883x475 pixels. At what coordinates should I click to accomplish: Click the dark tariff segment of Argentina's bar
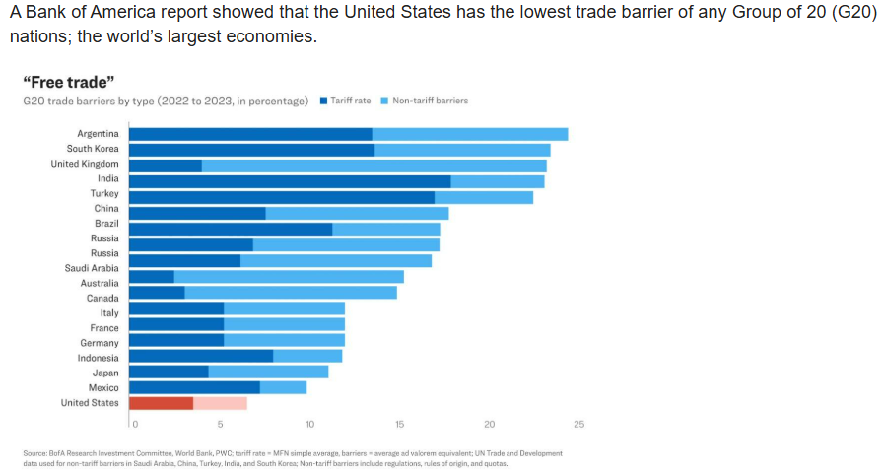click(x=250, y=134)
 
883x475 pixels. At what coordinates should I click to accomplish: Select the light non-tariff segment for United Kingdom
click(x=374, y=164)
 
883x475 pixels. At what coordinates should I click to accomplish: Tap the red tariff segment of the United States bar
click(x=161, y=402)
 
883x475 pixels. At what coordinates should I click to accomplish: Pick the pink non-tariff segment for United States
click(x=220, y=402)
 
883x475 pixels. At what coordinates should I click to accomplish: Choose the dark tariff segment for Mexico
click(x=194, y=387)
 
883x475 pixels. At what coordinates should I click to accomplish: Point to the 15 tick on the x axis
click(x=399, y=424)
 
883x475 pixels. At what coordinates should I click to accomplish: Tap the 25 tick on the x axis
click(x=578, y=424)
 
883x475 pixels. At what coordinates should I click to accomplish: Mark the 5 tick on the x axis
click(x=221, y=424)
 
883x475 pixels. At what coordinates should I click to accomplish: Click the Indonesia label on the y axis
click(x=99, y=358)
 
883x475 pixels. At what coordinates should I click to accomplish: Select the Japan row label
click(x=105, y=373)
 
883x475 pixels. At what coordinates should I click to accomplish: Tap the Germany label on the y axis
click(x=100, y=343)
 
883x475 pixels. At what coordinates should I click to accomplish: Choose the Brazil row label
click(x=106, y=224)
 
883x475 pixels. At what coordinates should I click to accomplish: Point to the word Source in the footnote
click(x=34, y=453)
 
